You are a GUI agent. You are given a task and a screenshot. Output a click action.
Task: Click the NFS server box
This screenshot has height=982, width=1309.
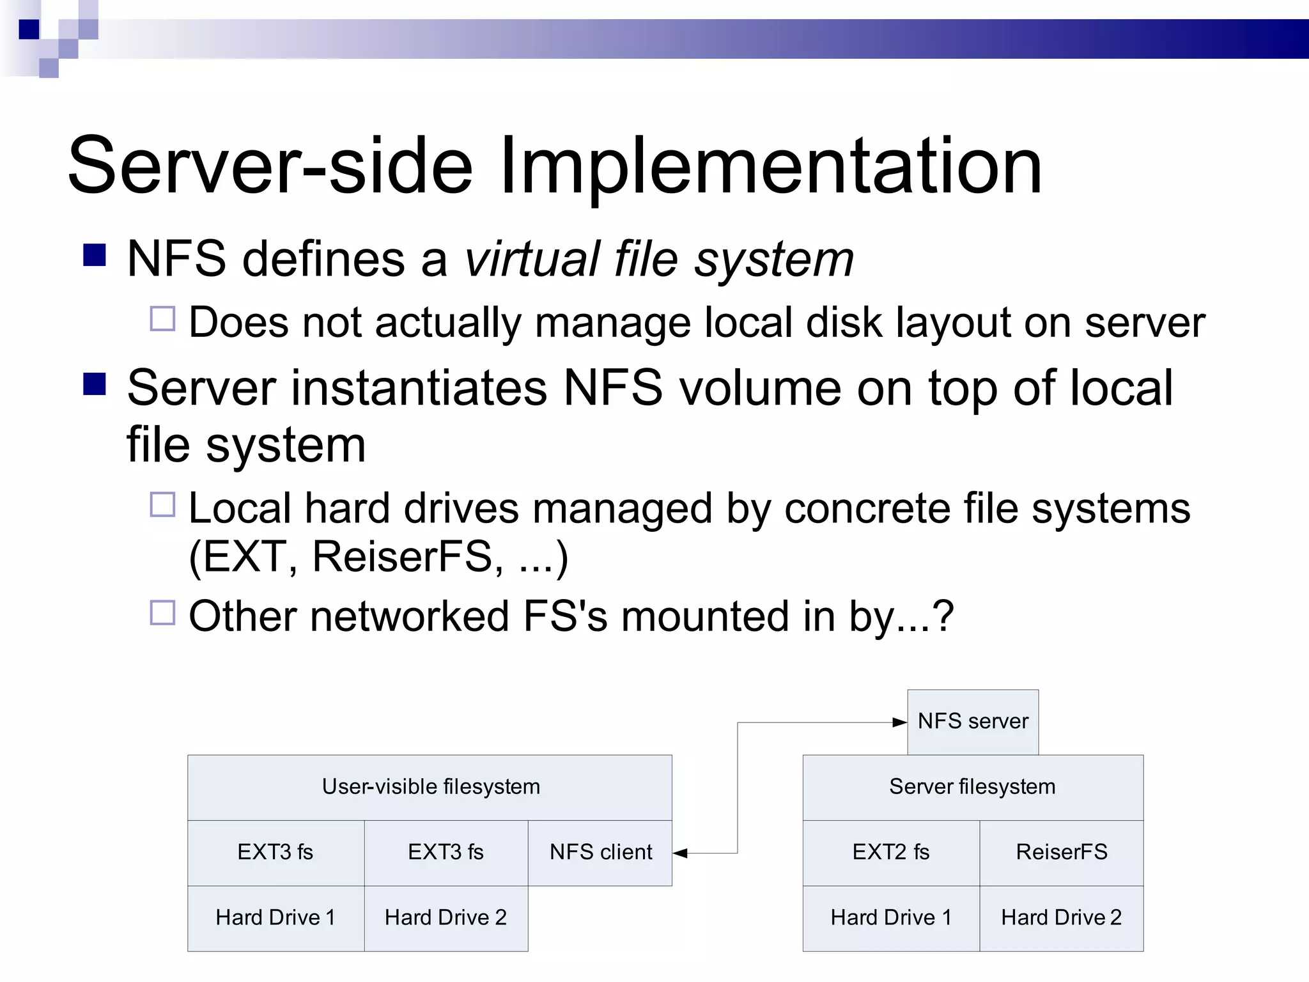point(973,722)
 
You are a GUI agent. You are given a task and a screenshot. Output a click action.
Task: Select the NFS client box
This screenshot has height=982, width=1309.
point(600,852)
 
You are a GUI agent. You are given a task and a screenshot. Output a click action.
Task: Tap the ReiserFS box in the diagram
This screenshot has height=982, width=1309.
point(1061,852)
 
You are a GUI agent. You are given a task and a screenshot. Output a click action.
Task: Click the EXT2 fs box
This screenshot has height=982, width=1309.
point(890,852)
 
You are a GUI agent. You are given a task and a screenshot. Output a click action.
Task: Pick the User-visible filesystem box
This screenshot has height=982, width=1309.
point(430,787)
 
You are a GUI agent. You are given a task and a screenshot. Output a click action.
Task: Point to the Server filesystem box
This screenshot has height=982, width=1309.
point(972,787)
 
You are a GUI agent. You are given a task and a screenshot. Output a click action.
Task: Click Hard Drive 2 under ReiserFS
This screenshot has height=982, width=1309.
point(1061,918)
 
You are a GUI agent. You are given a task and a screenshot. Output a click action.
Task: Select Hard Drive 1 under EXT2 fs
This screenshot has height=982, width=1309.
point(890,918)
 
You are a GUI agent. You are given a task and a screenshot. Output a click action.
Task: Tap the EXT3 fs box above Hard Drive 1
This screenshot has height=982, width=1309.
point(275,852)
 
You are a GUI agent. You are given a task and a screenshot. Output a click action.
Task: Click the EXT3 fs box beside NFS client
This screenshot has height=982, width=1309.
point(445,852)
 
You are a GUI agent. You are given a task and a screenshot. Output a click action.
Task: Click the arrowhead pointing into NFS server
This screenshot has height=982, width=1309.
point(899,722)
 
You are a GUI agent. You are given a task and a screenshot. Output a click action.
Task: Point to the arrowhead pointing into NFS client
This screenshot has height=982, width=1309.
point(681,853)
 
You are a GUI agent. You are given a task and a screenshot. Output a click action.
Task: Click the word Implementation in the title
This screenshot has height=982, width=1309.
point(770,166)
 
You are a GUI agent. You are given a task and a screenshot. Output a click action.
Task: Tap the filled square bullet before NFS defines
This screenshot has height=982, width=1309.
point(95,255)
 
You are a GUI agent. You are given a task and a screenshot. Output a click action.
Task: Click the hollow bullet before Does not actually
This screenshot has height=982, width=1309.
point(162,318)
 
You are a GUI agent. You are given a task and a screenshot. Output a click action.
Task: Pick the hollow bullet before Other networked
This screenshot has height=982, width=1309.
point(162,612)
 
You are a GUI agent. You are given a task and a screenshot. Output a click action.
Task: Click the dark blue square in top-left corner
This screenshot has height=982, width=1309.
point(29,29)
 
